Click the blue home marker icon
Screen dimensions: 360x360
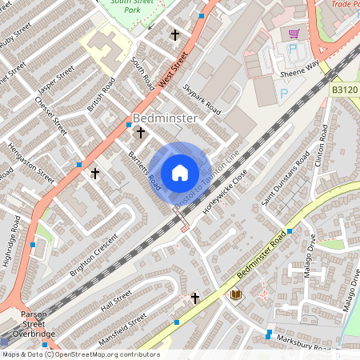(x=180, y=173)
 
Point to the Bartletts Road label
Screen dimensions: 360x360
(x=145, y=170)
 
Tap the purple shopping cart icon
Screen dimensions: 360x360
(x=294, y=34)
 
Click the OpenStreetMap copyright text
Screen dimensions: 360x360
(x=80, y=354)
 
